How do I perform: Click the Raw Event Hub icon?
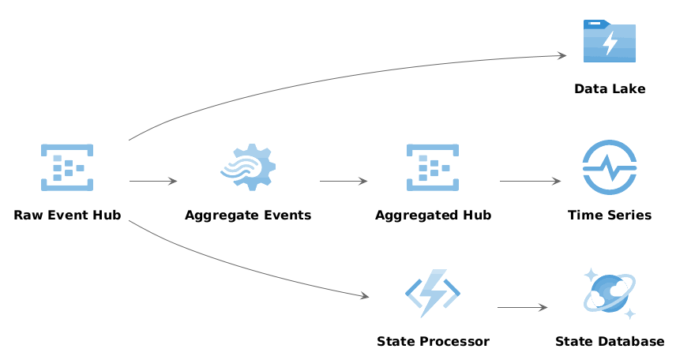click(x=67, y=167)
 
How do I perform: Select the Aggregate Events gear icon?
click(x=248, y=167)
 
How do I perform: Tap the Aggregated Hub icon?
click(x=433, y=167)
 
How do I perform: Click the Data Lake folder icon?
click(x=610, y=41)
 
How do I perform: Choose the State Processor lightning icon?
click(x=433, y=294)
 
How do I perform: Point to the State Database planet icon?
click(x=610, y=294)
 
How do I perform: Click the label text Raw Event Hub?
click(x=67, y=215)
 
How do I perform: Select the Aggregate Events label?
click(x=248, y=216)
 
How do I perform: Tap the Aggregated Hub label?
click(x=433, y=216)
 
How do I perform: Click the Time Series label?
click(x=610, y=215)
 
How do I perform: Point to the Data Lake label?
click(x=610, y=88)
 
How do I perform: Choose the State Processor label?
click(x=433, y=341)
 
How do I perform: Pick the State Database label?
click(x=610, y=341)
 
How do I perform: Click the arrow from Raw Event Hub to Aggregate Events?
click(x=153, y=181)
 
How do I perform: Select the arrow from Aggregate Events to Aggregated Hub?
click(x=344, y=181)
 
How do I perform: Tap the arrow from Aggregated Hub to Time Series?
click(x=530, y=181)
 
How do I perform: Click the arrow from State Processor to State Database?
click(x=523, y=307)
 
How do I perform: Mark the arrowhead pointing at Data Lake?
click(x=562, y=55)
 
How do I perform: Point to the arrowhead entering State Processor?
click(x=365, y=296)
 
